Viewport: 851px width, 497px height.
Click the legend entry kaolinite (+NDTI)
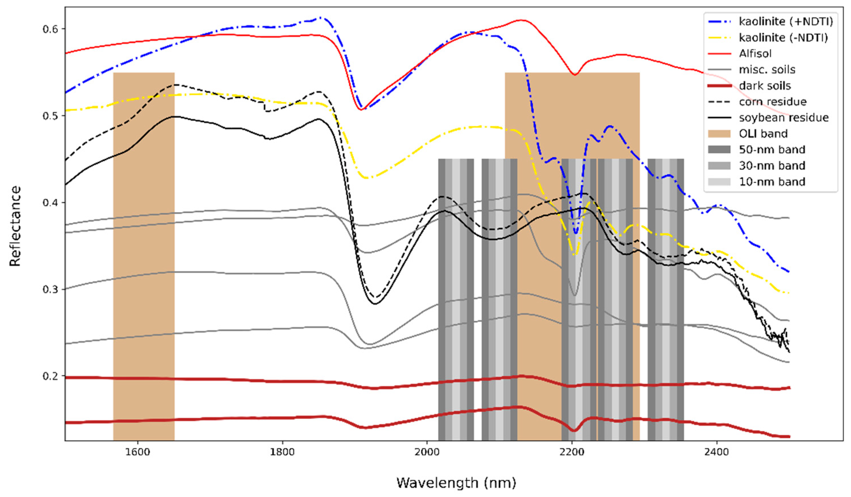click(x=786, y=22)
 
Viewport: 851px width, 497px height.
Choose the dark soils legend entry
click(x=764, y=86)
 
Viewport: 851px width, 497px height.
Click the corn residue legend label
click(x=772, y=102)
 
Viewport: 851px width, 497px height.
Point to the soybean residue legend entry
click(x=784, y=118)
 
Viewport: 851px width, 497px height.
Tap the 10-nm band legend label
click(x=772, y=182)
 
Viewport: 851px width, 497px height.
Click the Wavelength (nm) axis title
click(x=456, y=483)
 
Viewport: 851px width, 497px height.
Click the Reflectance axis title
click(x=15, y=226)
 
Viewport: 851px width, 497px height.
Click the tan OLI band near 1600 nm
click(x=143, y=256)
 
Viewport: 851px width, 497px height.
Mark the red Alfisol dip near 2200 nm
click(x=575, y=74)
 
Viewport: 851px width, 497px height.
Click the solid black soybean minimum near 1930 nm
click(x=375, y=303)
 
